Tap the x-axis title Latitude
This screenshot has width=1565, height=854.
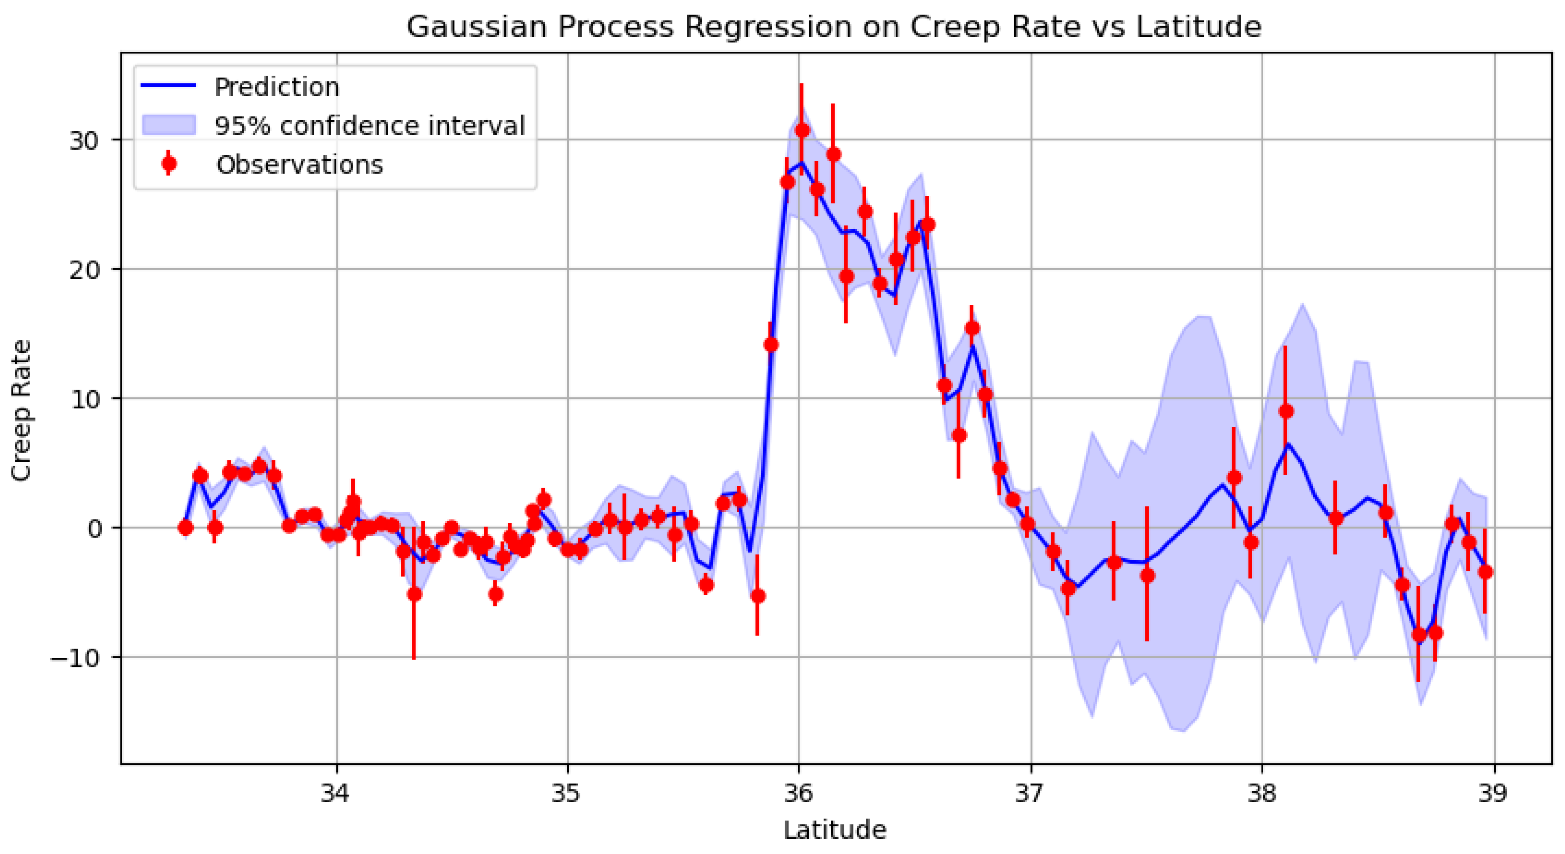pos(835,830)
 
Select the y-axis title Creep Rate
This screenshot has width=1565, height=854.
pos(22,410)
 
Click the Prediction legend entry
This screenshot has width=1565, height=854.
pos(277,87)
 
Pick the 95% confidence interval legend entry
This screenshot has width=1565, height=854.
pos(369,126)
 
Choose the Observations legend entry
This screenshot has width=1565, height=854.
pos(299,165)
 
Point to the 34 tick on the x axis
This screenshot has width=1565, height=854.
pos(336,794)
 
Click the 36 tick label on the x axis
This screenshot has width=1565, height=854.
pos(798,794)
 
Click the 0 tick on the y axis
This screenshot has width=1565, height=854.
pos(94,528)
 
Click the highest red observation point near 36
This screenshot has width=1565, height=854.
pos(802,130)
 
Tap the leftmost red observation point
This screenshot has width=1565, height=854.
pos(186,528)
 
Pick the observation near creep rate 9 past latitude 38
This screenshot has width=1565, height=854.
pos(1286,411)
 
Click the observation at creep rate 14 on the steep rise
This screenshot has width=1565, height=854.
pos(771,345)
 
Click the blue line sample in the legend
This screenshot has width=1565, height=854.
pos(168,86)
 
